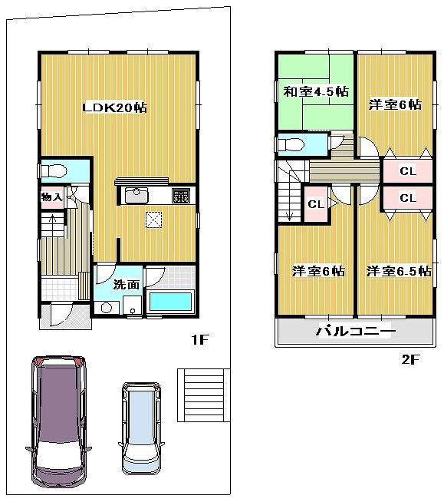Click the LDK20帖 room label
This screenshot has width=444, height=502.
coord(115,107)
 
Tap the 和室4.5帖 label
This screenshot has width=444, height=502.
coord(316,92)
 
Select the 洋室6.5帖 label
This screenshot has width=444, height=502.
coord(398,271)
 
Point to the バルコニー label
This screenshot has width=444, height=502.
coord(355,333)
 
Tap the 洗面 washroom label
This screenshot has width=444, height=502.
coord(126,284)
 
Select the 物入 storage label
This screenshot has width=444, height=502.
coord(51,197)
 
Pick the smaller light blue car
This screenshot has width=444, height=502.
coord(143,426)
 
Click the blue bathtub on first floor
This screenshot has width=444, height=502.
coord(170,302)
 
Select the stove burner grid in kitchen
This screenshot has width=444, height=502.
coord(182,195)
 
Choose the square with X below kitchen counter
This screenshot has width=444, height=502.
coord(154,220)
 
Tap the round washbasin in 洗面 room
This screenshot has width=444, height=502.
coord(106,307)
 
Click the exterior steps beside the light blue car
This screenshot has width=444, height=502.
coord(202,393)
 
